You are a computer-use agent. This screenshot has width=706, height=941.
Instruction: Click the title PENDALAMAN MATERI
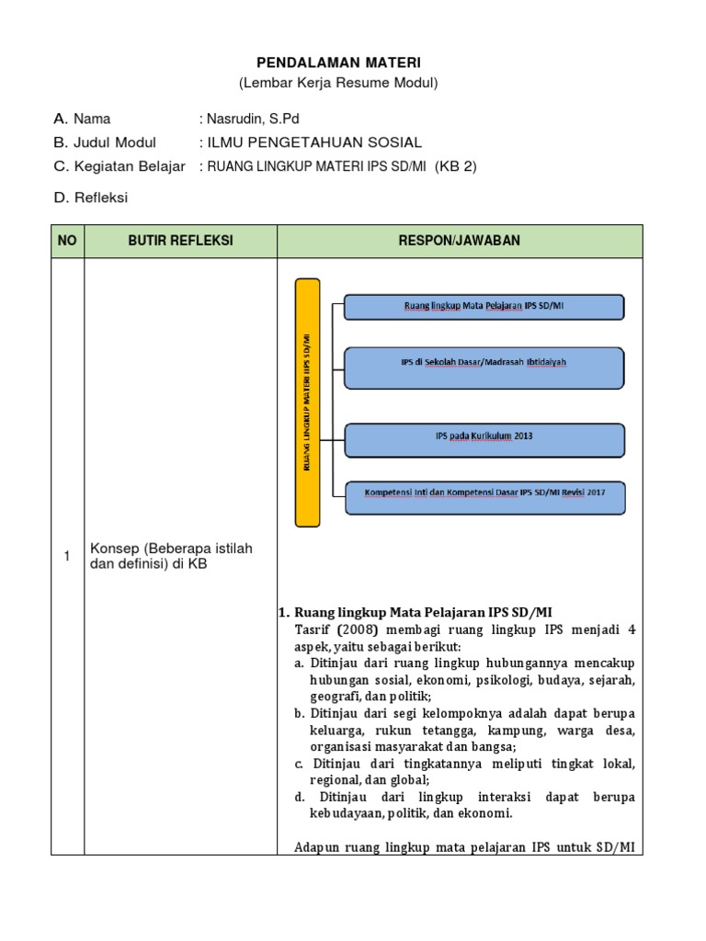tap(338, 62)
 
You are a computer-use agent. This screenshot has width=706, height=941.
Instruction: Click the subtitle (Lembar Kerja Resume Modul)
tap(338, 83)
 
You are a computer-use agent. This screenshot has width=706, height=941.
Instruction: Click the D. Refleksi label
tap(91, 198)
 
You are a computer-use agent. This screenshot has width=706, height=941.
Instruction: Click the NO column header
tap(67, 241)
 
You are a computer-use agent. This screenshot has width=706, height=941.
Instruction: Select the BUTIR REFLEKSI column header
tap(180, 241)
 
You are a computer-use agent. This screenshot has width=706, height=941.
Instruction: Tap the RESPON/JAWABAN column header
tap(460, 241)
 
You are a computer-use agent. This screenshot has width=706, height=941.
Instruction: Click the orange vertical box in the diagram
tap(308, 402)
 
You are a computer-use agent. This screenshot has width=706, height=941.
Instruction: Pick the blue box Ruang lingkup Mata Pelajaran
tap(484, 306)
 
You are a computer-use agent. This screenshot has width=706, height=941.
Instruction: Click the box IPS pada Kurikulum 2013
tap(484, 438)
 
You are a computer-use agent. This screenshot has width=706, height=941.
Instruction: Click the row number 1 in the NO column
tap(67, 556)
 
